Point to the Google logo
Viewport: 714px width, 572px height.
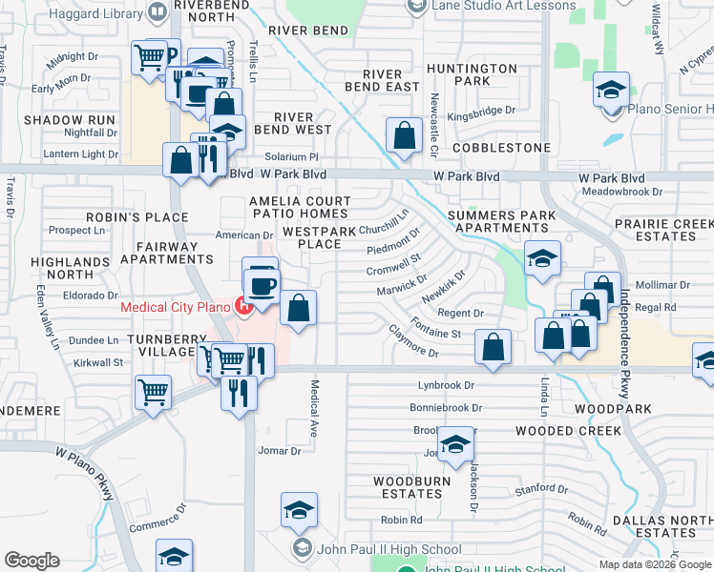[31, 561]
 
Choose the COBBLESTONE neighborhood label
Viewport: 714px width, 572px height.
[501, 149]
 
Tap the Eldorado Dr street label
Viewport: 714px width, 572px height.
[89, 296]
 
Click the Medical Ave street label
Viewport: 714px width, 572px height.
[314, 401]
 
